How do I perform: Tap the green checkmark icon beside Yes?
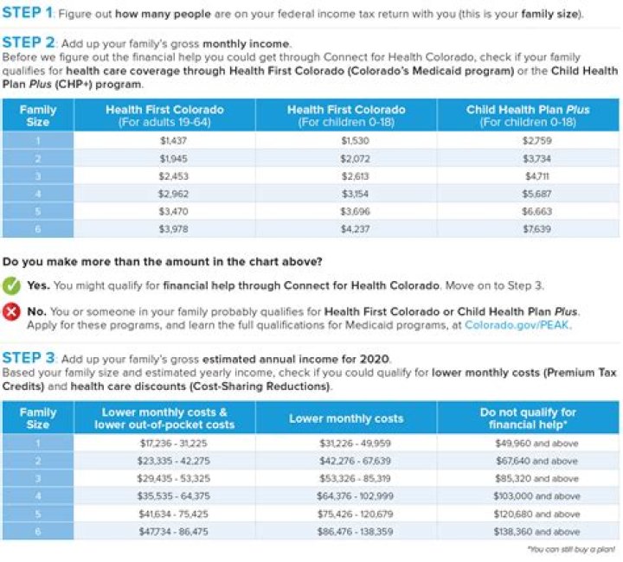(x=12, y=285)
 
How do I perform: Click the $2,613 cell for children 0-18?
(x=345, y=176)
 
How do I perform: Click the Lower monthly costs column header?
(x=345, y=418)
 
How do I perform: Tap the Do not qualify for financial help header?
(x=528, y=418)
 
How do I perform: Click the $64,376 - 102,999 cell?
(x=345, y=496)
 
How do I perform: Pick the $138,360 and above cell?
(x=528, y=532)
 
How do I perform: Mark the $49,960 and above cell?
(x=528, y=443)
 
